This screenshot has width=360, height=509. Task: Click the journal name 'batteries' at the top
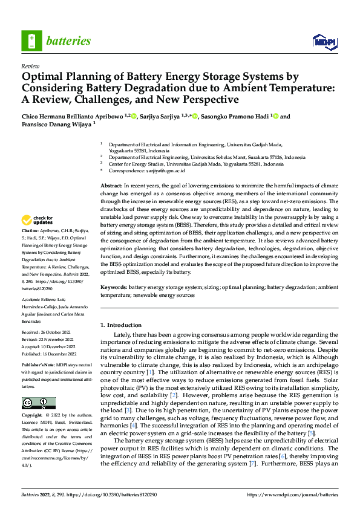tap(68, 41)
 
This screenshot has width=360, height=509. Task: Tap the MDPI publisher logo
tap(322, 41)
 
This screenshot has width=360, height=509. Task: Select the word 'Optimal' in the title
tap(44, 77)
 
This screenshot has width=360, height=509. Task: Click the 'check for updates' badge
tap(38, 220)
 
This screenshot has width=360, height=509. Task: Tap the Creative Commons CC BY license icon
tap(38, 403)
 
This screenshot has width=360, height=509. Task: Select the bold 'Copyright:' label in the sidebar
tap(32, 416)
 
